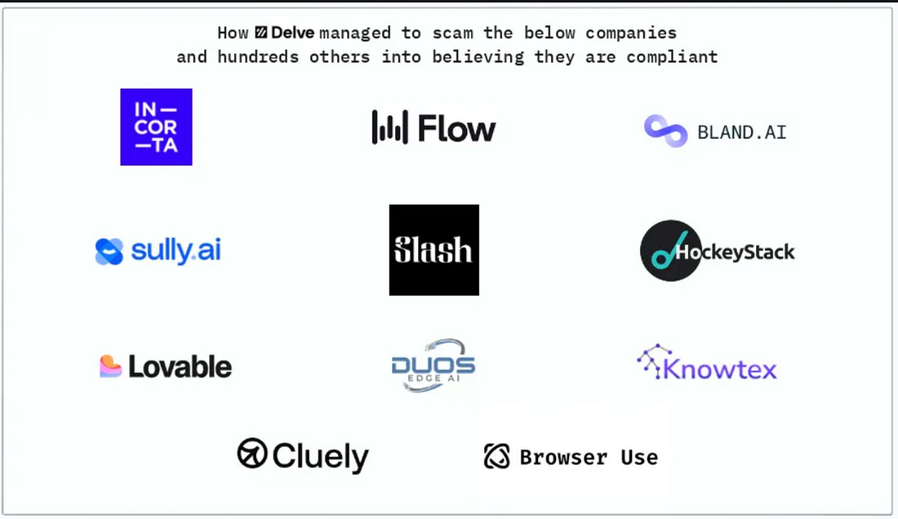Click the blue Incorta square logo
[156, 127]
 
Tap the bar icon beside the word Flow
[389, 128]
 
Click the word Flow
[456, 128]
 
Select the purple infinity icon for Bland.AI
[665, 131]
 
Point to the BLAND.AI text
[741, 132]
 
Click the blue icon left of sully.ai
[109, 252]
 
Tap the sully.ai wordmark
[176, 251]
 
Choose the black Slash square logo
[433, 250]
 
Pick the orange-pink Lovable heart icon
[111, 366]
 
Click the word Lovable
[180, 367]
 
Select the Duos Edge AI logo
[433, 365]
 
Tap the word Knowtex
[719, 369]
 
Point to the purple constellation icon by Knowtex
[653, 361]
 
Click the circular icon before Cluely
[252, 453]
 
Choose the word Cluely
[320, 456]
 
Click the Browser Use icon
[496, 457]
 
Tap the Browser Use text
[588, 457]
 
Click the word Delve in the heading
[292, 34]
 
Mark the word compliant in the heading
[672, 57]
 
